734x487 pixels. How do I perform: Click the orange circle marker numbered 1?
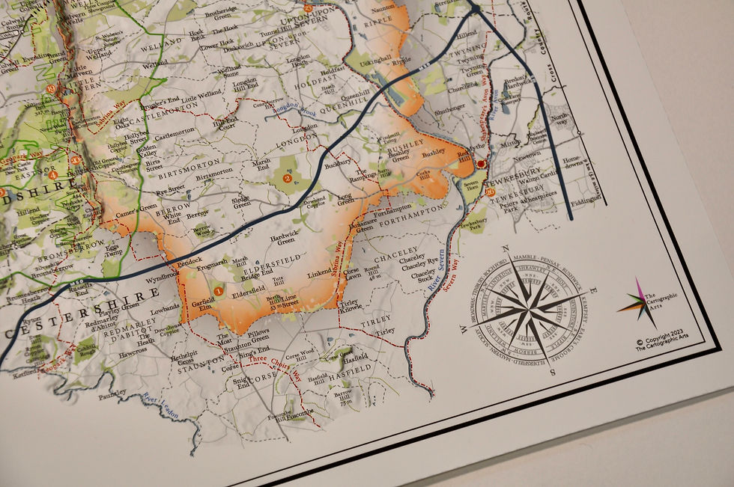click(218, 290)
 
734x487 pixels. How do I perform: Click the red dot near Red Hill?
click(481, 162)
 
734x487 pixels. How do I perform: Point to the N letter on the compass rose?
click(506, 249)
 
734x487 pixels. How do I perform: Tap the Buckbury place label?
click(339, 160)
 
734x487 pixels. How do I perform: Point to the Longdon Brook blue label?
click(275, 107)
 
